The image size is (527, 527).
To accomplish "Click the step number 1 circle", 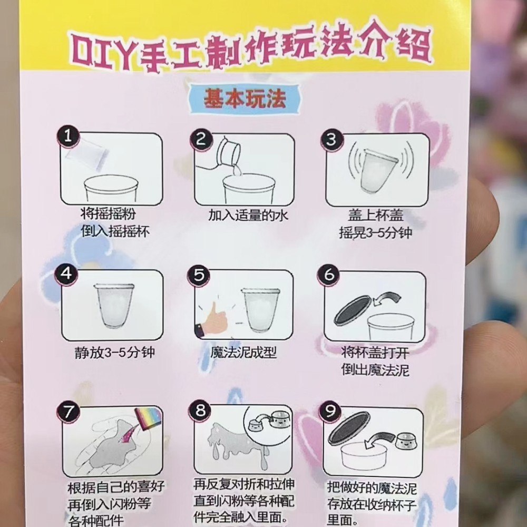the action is point(68,136).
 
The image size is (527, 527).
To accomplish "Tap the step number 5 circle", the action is point(199,276).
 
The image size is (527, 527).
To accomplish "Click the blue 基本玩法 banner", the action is point(245,99).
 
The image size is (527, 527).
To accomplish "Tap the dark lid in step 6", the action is point(353,310).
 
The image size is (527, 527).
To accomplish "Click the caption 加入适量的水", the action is point(248,216).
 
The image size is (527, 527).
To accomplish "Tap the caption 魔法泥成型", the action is point(243,353).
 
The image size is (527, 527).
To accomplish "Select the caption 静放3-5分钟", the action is point(114,353).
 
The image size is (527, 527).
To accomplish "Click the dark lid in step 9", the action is point(349,428).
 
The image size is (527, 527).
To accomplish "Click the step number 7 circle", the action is point(68,412).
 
